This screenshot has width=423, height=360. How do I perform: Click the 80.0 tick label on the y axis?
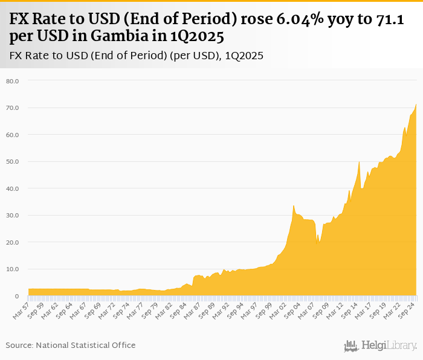coord(13,81)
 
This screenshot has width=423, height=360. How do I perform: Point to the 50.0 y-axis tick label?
coord(13,162)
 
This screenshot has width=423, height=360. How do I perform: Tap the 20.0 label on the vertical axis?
coord(13,242)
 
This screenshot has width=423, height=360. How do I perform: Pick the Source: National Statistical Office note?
coord(71,345)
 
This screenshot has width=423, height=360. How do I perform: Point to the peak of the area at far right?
coord(416,104)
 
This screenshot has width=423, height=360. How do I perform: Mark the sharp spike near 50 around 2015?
coord(360,162)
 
